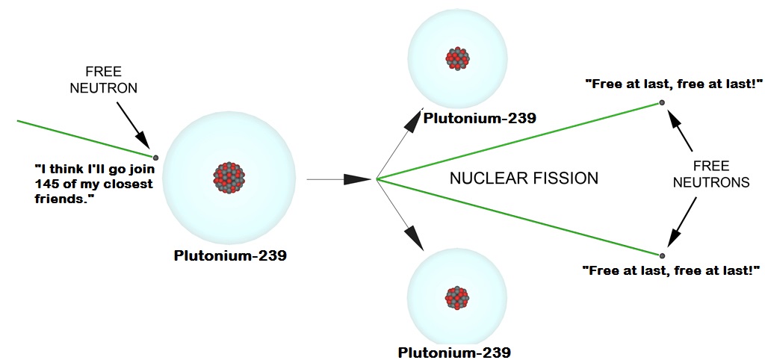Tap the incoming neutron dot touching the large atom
point(155,158)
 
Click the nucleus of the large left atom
point(229,178)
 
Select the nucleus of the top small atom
point(457,59)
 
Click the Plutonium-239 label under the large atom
point(230,255)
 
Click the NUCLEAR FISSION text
point(524,179)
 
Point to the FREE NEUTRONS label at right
point(710,173)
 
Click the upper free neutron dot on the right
point(662,102)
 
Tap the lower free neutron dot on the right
point(662,256)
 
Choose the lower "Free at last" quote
point(671,270)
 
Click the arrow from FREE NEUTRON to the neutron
point(131,122)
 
